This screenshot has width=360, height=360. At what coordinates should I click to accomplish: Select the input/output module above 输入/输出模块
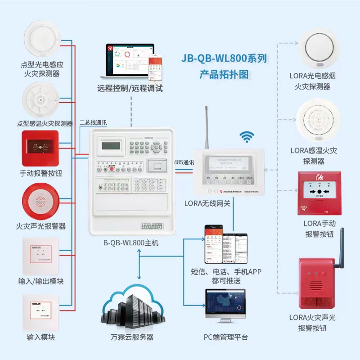pos(41,255)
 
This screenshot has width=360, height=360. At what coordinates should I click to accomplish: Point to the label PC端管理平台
pos(225,337)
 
